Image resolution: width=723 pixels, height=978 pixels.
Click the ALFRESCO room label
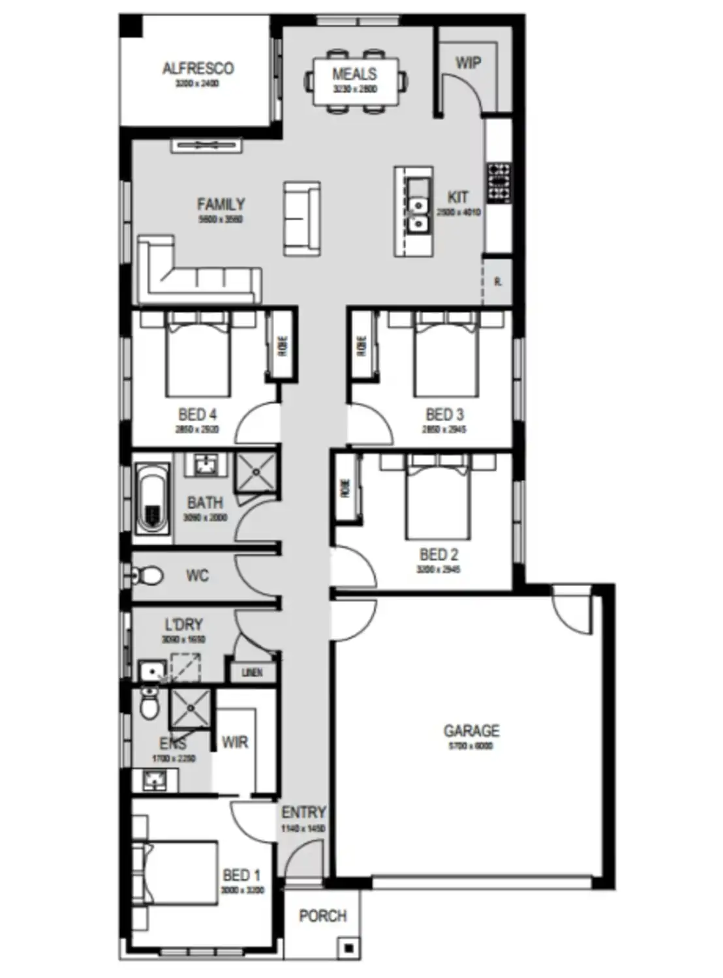pos(198,68)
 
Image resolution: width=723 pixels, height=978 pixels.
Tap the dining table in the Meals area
pos(355,81)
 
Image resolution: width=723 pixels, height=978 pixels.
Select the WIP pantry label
pos(468,63)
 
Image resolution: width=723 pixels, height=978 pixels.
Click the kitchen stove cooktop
pos(499,182)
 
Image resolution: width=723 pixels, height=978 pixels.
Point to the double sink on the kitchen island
pos(416,207)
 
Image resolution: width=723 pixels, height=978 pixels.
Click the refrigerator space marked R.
pos(497,282)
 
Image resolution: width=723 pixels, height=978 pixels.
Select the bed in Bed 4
pos(198,355)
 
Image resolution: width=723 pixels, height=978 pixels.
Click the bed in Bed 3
pos(446,355)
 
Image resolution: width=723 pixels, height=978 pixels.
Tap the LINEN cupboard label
pos(252,672)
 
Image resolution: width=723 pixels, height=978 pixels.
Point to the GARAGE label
pos(471,731)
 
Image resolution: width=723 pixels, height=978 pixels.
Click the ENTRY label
pos(303,812)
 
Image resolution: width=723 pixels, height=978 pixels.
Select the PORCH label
pos(322,916)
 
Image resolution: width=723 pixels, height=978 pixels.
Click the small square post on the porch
pos(349,948)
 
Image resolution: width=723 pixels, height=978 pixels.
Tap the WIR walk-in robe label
pos(234,742)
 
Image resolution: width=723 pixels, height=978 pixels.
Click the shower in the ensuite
pos(190,708)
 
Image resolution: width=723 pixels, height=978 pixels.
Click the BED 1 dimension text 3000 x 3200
pos(242,891)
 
